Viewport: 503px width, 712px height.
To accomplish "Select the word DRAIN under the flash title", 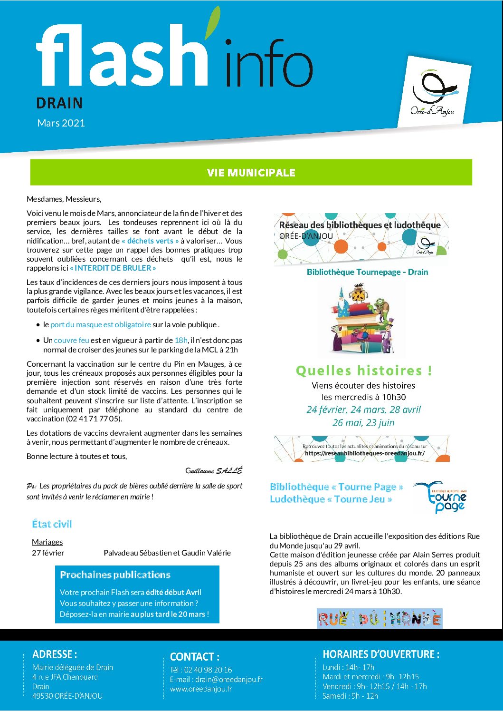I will (59, 103).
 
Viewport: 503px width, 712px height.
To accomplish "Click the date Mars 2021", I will (61, 123).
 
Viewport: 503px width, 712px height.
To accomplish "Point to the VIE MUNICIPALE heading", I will (251, 173).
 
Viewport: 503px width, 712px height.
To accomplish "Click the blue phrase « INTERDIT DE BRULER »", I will (113, 268).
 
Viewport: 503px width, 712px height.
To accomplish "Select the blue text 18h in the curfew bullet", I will (181, 340).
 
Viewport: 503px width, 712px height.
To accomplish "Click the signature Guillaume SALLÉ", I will (214, 470).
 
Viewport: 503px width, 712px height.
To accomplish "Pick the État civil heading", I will (52, 524).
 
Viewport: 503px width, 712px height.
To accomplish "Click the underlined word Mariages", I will (47, 542).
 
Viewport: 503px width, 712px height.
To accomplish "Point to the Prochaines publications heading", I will (115, 575).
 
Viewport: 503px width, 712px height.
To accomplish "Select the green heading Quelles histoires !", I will (364, 371).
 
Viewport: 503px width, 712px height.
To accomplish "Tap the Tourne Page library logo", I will (441, 497).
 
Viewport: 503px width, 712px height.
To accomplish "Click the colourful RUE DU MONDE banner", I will (380, 618).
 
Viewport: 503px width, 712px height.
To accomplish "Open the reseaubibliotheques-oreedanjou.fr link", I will (365, 453).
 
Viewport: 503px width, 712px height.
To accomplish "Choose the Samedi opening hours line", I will (350, 696).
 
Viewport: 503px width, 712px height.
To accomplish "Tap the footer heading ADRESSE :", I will (55, 654).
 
